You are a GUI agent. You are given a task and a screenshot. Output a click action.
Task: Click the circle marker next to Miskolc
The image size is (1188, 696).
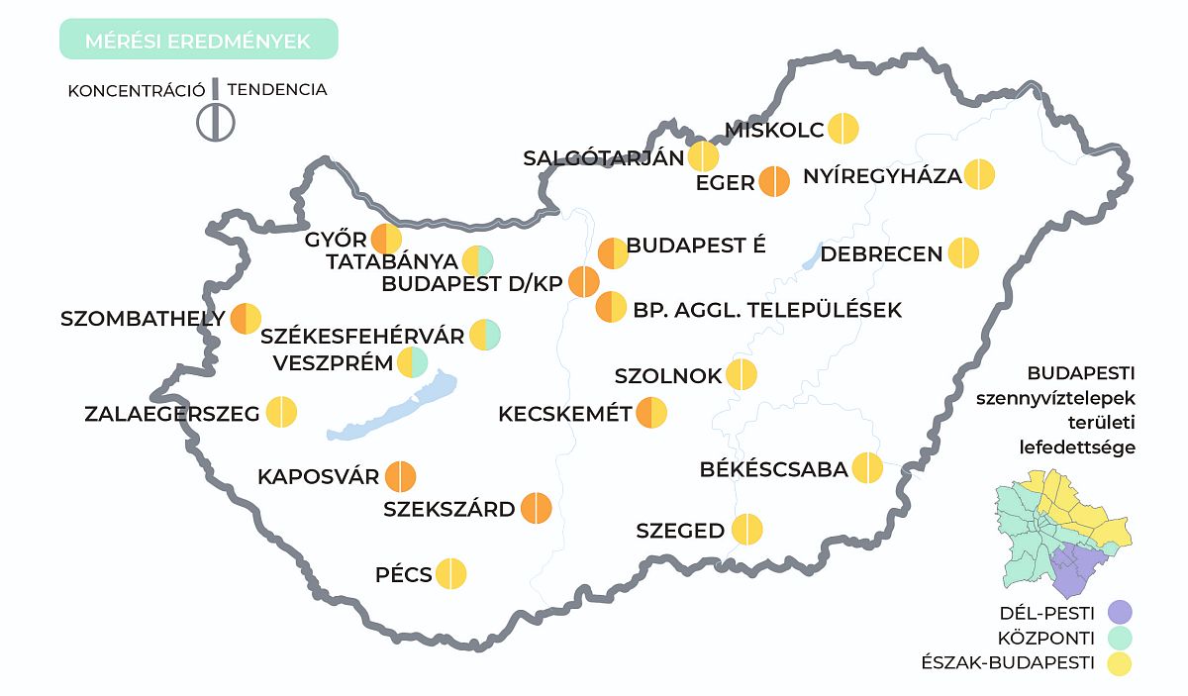click(x=843, y=130)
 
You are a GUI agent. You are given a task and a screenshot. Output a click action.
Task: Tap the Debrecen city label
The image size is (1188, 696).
click(x=881, y=254)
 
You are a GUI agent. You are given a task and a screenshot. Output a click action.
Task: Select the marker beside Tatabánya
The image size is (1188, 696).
click(x=477, y=261)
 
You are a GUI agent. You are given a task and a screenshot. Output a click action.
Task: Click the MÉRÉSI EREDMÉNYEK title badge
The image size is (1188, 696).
click(x=198, y=41)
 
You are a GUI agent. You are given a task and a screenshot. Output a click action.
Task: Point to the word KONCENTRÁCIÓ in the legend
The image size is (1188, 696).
click(x=136, y=90)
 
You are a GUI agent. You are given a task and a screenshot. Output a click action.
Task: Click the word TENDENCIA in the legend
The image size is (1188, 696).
click(x=277, y=89)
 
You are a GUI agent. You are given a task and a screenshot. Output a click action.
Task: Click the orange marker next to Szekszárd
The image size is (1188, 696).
click(x=536, y=509)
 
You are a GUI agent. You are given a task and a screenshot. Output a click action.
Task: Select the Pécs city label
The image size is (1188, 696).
click(x=404, y=575)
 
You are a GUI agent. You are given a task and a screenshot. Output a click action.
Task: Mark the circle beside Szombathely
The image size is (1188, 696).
click(x=246, y=319)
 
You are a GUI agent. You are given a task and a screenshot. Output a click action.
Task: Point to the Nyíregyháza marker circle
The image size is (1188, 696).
click(x=979, y=174)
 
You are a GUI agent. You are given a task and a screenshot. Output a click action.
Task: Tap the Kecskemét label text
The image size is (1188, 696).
click(x=565, y=413)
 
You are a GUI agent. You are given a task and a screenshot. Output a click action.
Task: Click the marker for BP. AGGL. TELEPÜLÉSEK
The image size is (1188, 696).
click(x=611, y=307)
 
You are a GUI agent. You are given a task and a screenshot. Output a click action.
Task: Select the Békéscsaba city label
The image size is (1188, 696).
click(x=774, y=469)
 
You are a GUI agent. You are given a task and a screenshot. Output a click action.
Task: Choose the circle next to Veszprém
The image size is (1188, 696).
click(x=412, y=362)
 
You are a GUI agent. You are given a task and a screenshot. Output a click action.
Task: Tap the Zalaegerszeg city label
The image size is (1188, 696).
click(x=172, y=413)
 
